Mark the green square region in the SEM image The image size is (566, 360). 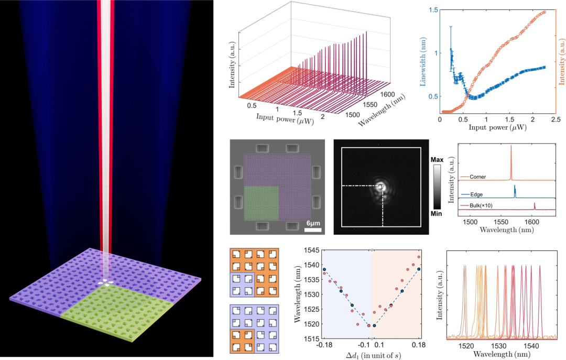pyautogui.click(x=261, y=202)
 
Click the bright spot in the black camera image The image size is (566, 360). pyautogui.click(x=381, y=187)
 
